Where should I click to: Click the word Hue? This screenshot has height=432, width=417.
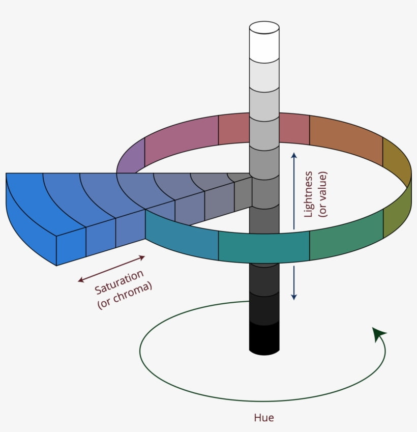[264, 418]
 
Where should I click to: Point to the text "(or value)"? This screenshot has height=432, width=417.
[323, 194]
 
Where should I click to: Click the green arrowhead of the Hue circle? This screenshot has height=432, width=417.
[378, 334]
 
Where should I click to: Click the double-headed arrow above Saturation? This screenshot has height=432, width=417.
[112, 268]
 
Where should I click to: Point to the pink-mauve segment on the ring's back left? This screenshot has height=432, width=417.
[181, 137]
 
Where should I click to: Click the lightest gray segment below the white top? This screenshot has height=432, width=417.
[264, 74]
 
